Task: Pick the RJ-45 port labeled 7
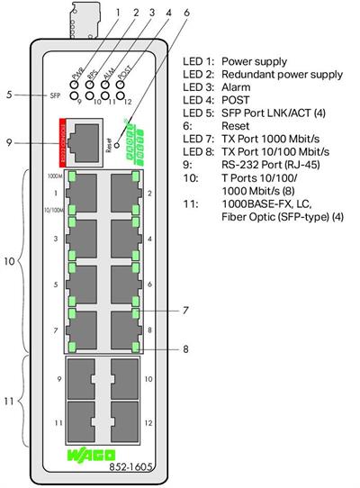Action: click(85, 330)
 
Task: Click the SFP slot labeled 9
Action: click(85, 379)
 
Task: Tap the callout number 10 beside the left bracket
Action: click(11, 262)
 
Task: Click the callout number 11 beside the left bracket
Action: click(11, 399)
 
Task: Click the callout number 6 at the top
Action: click(186, 14)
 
